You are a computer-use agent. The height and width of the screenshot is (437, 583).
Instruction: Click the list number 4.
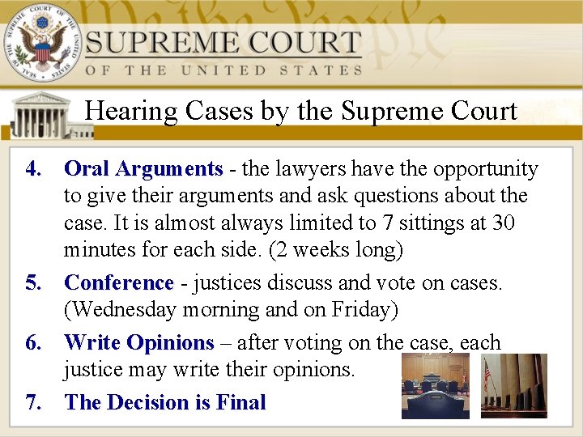pyautogui.click(x=33, y=169)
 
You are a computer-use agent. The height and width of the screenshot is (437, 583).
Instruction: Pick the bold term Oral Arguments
pyautogui.click(x=143, y=169)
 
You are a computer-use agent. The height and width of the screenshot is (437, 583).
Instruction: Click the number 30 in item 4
pyautogui.click(x=503, y=223)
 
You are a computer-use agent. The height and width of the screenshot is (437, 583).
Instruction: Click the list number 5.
pyautogui.click(x=33, y=283)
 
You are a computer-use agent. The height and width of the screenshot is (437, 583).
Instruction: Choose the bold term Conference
pyautogui.click(x=119, y=283)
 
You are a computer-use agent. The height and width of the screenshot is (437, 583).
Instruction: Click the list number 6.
pyautogui.click(x=33, y=343)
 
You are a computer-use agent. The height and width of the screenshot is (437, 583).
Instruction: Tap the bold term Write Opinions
pyautogui.click(x=139, y=343)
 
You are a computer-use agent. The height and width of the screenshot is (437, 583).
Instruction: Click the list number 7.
pyautogui.click(x=33, y=402)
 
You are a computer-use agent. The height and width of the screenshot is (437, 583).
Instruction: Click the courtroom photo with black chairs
pyautogui.click(x=435, y=386)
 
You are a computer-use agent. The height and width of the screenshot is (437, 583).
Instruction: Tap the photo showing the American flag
pyautogui.click(x=513, y=386)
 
